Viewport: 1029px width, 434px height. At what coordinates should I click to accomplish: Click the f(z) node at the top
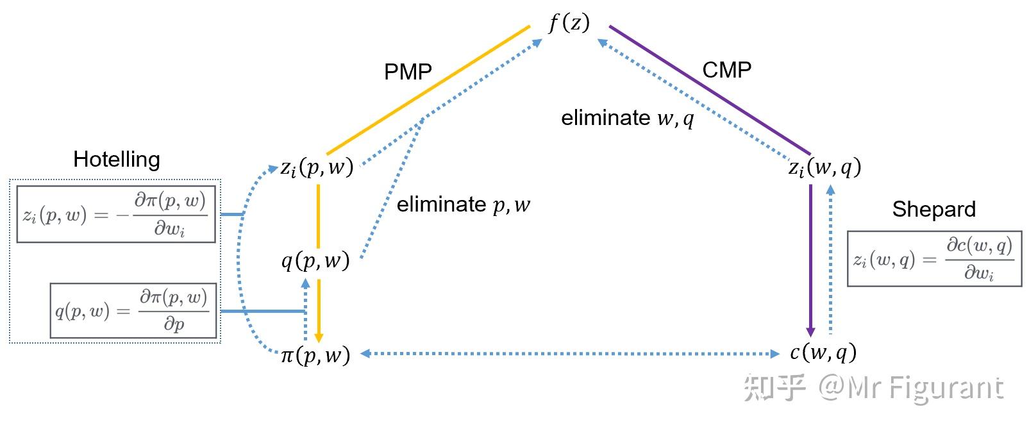tap(569, 24)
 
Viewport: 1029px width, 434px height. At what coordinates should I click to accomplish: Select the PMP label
tap(408, 72)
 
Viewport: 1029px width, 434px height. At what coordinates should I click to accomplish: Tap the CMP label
tap(726, 69)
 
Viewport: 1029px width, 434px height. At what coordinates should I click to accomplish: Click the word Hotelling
tap(116, 159)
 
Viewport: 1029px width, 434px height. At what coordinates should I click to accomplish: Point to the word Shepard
tap(933, 209)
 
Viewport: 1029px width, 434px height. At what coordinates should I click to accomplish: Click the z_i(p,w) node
tap(317, 169)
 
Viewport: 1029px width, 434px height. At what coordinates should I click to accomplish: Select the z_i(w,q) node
tap(824, 168)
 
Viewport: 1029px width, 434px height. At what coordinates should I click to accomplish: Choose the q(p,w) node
tap(315, 260)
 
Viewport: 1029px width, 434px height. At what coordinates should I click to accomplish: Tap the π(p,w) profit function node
tap(315, 355)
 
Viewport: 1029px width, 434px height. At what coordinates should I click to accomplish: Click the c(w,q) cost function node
tap(823, 352)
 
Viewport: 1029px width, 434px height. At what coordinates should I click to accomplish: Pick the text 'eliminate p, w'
tap(464, 204)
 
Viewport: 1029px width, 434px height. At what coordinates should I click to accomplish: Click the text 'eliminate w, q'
tap(627, 118)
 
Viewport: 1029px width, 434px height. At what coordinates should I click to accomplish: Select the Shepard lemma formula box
tap(934, 259)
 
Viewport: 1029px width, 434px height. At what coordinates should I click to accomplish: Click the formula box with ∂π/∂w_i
tap(116, 214)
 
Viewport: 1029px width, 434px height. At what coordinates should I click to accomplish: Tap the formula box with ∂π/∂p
tap(133, 311)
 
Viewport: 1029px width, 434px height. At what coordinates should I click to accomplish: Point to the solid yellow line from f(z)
tap(428, 90)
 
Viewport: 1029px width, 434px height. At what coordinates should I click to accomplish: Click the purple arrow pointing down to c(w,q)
tap(810, 260)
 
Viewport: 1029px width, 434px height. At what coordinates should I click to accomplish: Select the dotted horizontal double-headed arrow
tap(569, 353)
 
